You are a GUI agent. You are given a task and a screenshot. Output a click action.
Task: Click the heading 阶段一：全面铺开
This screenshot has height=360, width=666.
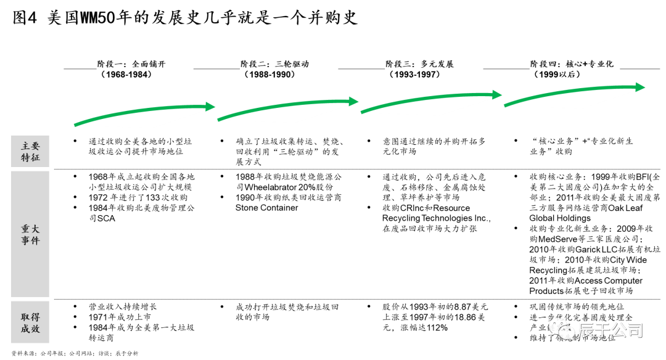(131, 64)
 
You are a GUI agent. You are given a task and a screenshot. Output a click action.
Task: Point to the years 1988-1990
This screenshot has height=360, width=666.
(269, 75)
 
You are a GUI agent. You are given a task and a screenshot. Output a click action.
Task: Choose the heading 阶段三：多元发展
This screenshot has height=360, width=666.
(419, 64)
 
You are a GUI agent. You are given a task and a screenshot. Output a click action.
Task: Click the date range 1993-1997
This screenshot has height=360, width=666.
(414, 75)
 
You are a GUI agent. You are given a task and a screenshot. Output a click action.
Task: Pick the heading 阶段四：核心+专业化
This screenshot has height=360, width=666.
(572, 64)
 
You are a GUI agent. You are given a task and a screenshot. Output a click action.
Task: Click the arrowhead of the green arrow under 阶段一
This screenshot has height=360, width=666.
(210, 107)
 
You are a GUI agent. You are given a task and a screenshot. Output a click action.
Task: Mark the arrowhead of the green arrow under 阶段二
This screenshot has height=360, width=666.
(353, 101)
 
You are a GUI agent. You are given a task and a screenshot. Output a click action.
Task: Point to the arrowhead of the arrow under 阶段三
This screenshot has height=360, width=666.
(496, 95)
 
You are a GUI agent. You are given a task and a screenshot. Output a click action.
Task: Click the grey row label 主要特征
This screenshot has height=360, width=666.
(30, 151)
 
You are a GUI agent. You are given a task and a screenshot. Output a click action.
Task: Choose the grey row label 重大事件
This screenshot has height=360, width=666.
(30, 234)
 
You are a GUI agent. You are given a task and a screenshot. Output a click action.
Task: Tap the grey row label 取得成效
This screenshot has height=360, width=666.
(30, 322)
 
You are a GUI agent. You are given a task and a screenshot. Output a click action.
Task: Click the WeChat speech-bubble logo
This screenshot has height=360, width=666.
(561, 330)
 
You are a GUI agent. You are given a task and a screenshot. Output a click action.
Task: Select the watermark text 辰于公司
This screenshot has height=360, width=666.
(610, 330)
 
